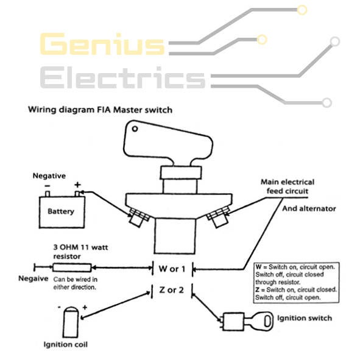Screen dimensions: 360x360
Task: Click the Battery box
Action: (x=62, y=212)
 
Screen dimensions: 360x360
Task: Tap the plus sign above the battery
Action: (x=77, y=185)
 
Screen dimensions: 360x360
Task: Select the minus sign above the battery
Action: (x=47, y=186)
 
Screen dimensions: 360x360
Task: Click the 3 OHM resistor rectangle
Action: (x=72, y=267)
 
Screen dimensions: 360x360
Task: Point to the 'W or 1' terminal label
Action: (x=172, y=269)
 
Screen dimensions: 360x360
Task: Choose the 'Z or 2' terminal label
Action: (x=172, y=290)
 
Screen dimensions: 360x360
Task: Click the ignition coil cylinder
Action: (x=71, y=322)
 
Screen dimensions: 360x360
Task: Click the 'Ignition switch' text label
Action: (x=305, y=318)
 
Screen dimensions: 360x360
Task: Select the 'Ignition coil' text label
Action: (x=66, y=345)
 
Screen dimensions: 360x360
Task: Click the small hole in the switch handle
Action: (x=135, y=129)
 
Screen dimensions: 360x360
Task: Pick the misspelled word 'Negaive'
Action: (x=34, y=278)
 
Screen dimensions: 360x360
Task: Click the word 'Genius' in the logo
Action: (x=102, y=44)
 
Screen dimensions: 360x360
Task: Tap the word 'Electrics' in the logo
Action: (x=123, y=77)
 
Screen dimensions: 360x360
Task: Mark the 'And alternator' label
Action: (x=309, y=208)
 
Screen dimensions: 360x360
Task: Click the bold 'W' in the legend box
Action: (x=258, y=267)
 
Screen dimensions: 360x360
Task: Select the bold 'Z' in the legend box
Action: (x=258, y=289)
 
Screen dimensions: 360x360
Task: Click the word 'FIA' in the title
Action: (x=104, y=110)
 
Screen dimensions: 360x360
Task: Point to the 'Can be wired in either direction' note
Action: (x=76, y=283)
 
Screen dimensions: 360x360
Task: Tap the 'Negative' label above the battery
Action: (x=49, y=176)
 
